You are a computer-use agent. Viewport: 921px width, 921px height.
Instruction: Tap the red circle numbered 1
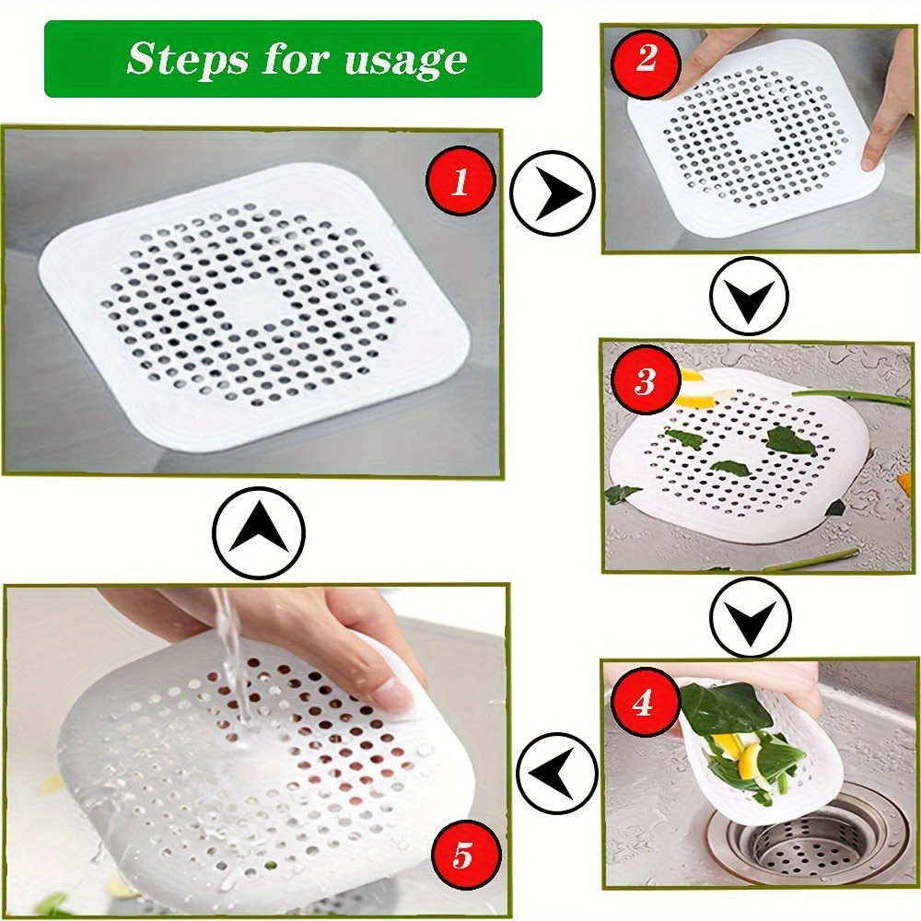[460, 181]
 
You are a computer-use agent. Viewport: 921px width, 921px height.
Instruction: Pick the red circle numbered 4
[643, 703]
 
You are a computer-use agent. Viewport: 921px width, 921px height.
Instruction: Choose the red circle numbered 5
[461, 855]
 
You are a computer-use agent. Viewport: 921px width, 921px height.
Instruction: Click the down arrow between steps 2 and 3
[749, 296]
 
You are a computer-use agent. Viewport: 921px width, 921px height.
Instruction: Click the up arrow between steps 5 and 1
[258, 532]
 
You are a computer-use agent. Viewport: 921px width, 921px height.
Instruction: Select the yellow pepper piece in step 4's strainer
[750, 760]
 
